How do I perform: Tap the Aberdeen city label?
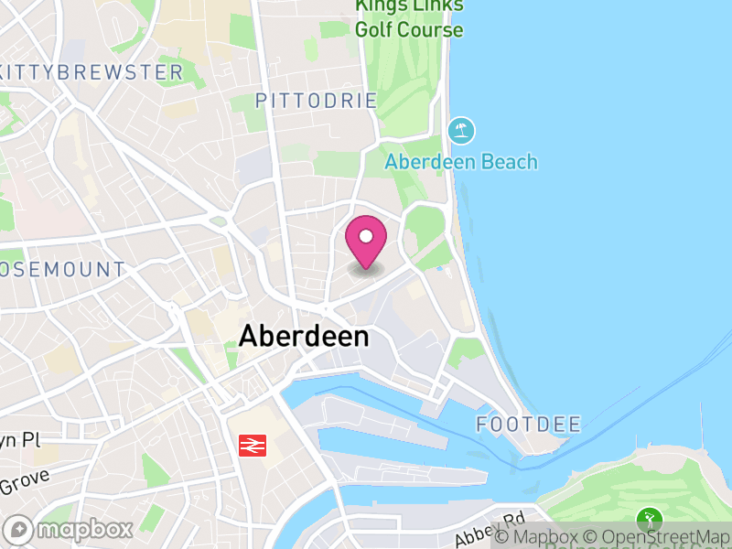[304, 337]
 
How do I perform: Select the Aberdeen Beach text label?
[461, 162]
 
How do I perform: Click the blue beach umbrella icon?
[462, 130]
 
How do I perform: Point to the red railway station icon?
[252, 446]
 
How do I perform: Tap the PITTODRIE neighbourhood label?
[317, 101]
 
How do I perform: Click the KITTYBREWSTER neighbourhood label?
[91, 71]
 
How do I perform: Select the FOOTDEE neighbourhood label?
[529, 424]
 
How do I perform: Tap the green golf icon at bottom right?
[650, 520]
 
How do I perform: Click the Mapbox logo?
[70, 530]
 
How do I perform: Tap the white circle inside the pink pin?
[366, 237]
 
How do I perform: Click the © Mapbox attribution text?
[546, 537]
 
